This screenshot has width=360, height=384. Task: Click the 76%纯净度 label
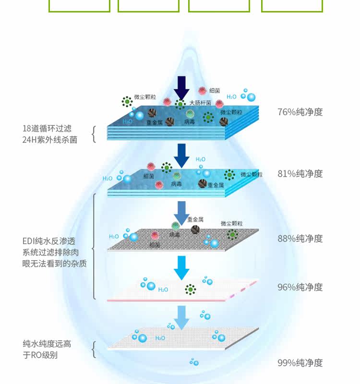[x=300, y=112]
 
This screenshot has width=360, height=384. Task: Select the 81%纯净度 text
[x=300, y=173]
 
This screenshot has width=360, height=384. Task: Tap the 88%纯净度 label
[x=300, y=239]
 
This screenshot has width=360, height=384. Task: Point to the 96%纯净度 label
[x=300, y=287]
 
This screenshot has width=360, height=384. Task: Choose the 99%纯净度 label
[x=300, y=363]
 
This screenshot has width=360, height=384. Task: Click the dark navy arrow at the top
[x=181, y=88]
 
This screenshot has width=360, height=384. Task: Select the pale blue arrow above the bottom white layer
[x=181, y=317]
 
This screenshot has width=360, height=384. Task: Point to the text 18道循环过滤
[x=47, y=129]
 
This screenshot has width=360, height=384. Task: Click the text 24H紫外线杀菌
[x=50, y=139]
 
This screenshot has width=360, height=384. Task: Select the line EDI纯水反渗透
[x=48, y=241]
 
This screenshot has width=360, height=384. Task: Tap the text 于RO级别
[x=40, y=355]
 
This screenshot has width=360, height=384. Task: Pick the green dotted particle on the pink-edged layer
[x=191, y=289]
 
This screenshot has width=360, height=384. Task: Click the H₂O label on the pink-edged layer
[x=163, y=289]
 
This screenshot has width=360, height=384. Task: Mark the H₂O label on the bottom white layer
[x=160, y=338]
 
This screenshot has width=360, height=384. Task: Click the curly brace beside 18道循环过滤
[x=94, y=134]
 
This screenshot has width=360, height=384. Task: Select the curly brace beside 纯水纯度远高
[x=94, y=349]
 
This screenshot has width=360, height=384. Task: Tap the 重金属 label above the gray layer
[x=195, y=219]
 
